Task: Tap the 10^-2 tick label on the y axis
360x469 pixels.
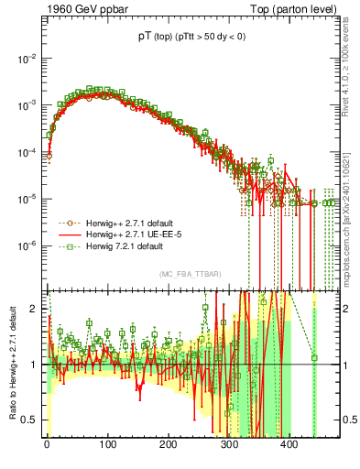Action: (27, 57)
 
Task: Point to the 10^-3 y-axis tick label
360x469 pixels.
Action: (27, 104)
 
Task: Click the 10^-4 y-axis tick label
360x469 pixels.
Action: (27, 151)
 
